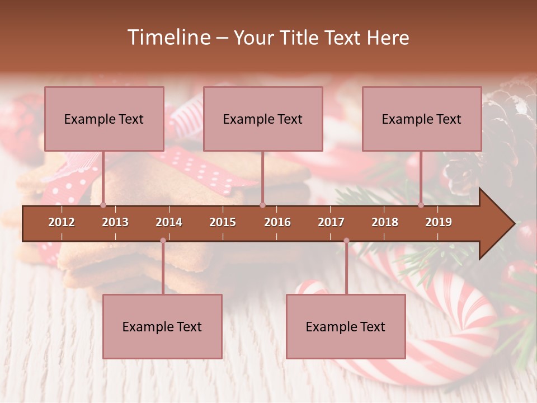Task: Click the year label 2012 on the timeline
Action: point(62,222)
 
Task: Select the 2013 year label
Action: point(115,222)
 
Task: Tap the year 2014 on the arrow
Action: point(169,222)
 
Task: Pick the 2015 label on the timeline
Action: point(223,222)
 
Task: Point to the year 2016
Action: point(277,222)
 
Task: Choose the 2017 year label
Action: point(331,222)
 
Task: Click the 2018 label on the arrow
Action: point(385,222)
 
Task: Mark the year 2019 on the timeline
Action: point(439,222)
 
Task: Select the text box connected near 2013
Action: point(104,119)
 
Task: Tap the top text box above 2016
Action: point(263,119)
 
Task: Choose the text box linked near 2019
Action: point(422,119)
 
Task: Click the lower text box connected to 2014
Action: point(162,326)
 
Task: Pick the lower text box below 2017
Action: point(346,326)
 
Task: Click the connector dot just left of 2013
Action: point(103,205)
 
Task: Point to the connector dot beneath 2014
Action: point(163,241)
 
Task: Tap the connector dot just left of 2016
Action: point(262,205)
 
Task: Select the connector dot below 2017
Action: point(346,241)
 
